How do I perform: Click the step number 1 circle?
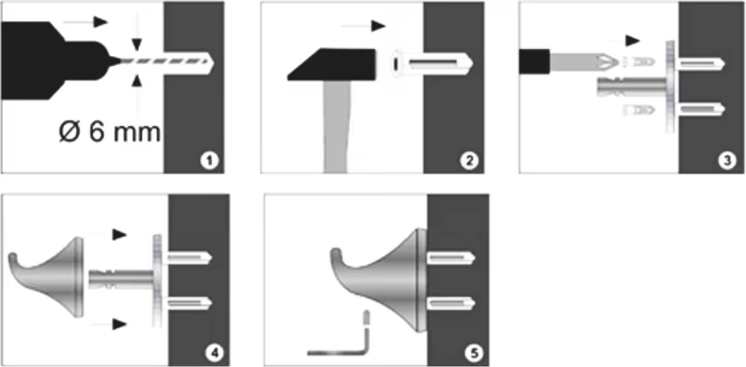[x=209, y=161]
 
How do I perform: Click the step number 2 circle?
[x=468, y=161]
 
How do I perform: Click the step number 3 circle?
[x=727, y=161]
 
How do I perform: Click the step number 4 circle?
[x=214, y=353]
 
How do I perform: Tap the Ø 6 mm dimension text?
[x=110, y=131]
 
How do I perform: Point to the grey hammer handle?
[x=336, y=126]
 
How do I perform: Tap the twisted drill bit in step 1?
[x=163, y=61]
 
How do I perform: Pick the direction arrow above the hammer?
[x=364, y=26]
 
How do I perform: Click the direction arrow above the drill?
[x=85, y=22]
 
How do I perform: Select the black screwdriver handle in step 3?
[x=535, y=61]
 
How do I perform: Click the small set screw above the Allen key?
[x=366, y=318]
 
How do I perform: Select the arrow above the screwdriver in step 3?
[x=624, y=41]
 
